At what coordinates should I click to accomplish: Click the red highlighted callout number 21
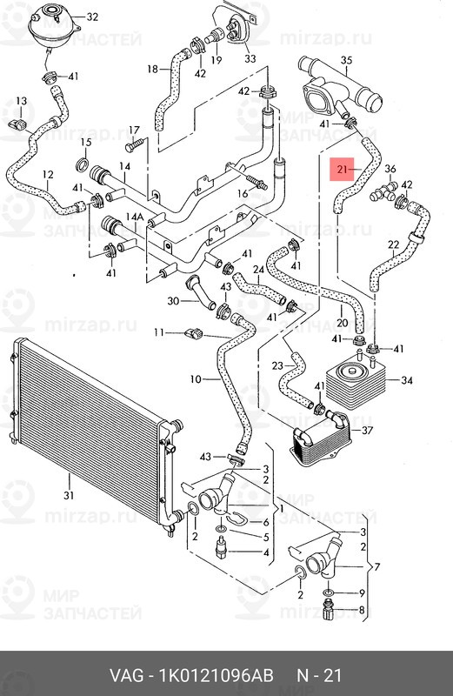[x=342, y=169]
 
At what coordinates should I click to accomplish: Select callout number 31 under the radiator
[x=69, y=495]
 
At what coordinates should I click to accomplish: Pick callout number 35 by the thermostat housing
[x=347, y=60]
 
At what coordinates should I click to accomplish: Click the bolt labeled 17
[x=136, y=144]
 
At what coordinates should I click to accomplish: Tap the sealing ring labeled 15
[x=83, y=164]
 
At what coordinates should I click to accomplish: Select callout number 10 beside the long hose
[x=196, y=379]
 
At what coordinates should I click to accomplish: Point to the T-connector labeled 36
[x=383, y=191]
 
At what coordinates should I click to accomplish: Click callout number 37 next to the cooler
[x=368, y=430]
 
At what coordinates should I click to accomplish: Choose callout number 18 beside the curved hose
[x=153, y=69]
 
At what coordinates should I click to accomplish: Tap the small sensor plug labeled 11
[x=193, y=332]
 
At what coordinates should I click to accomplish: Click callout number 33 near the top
[x=250, y=58]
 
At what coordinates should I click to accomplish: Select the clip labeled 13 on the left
[x=17, y=124]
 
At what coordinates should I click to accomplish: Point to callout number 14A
[x=135, y=217]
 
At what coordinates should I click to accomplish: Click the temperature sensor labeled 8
[x=330, y=611]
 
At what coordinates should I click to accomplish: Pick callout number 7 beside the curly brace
[x=377, y=567]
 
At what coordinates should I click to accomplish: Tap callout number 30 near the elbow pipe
[x=174, y=301]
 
